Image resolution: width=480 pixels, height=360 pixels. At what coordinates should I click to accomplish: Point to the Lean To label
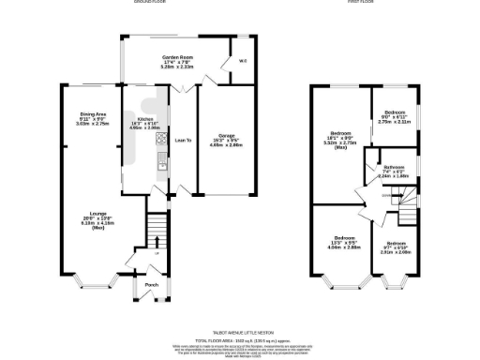point(184,140)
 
